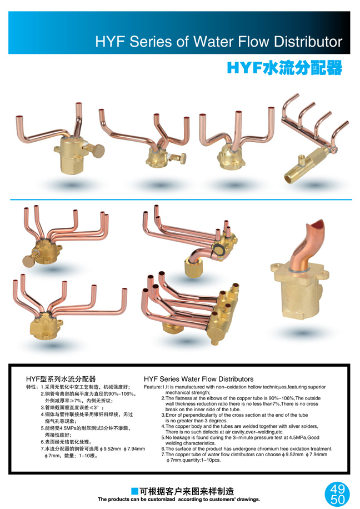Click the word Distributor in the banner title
(308, 42)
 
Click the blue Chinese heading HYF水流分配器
(284, 68)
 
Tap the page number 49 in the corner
(337, 488)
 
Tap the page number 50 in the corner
(337, 499)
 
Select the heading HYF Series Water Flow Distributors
(199, 379)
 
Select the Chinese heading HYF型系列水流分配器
(61, 379)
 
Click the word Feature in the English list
(152, 387)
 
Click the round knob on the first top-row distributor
(98, 151)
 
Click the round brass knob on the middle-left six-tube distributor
(28, 261)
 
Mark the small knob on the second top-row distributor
(183, 158)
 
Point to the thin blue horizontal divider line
(181, 199)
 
